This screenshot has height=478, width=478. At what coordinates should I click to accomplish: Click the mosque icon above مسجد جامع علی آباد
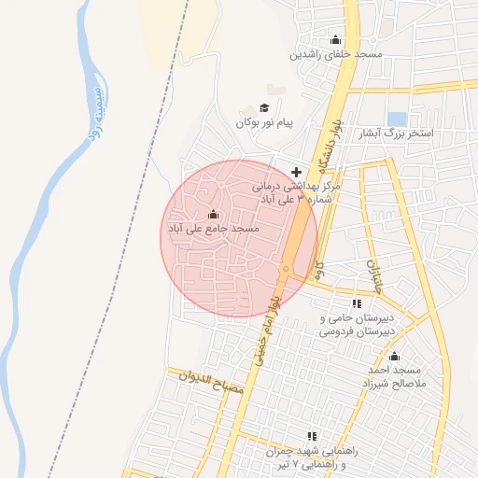(214, 214)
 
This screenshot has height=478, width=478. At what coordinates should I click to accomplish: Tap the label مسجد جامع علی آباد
(213, 229)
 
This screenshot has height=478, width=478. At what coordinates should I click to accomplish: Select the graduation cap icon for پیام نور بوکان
(264, 108)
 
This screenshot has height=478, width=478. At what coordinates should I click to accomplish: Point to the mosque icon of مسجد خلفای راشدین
(336, 39)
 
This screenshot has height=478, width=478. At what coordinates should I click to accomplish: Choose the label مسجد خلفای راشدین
(336, 54)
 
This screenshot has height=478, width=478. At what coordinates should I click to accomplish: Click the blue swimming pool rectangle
(397, 119)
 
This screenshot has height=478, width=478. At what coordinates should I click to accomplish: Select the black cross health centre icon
(297, 172)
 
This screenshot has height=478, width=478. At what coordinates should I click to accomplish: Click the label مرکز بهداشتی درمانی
(299, 187)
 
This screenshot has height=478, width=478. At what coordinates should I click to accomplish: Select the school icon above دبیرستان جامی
(357, 303)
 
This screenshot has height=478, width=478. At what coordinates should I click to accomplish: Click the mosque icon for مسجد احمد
(394, 357)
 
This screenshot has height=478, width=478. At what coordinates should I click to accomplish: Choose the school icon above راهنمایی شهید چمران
(312, 436)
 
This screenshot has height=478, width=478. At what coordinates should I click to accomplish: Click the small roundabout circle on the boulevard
(286, 269)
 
